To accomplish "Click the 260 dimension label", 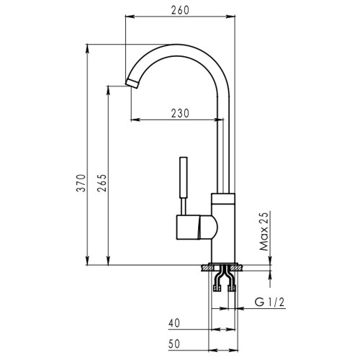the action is (180, 10).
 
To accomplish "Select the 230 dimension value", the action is (180, 113).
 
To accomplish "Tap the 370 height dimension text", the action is (81, 183).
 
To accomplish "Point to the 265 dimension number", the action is (102, 183).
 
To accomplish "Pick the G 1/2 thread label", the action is (270, 302).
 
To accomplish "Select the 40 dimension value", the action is (174, 323).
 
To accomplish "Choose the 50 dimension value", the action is (174, 343).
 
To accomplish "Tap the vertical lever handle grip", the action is (184, 178).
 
